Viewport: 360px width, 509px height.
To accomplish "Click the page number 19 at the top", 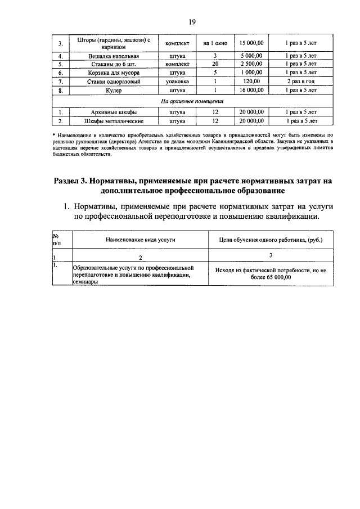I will coord(192,22).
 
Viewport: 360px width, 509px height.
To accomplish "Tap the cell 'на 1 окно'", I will coord(214,43).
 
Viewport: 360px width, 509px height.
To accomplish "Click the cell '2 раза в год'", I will coord(300,82).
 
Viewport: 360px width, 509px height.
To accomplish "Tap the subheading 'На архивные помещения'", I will coord(192,102).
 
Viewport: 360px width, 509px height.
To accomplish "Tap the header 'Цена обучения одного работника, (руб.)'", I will coord(270,240).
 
